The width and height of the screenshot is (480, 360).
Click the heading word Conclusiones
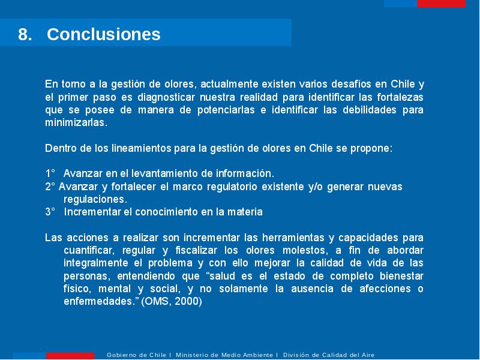[103, 34]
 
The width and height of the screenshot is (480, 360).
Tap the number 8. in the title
[25, 34]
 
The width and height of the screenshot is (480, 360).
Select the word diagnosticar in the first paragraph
[166, 97]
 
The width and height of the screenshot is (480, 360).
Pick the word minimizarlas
[76, 122]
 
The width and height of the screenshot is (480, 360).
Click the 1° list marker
[50, 173]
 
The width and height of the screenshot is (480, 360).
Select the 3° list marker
[50, 212]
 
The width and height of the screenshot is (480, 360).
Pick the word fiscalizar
[196, 250]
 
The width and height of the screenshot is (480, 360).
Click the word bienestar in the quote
[401, 276]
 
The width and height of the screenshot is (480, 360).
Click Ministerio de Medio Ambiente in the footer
[224, 355]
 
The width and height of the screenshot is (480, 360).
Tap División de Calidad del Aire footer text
[329, 355]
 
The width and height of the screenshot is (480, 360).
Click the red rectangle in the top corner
[441, 4]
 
